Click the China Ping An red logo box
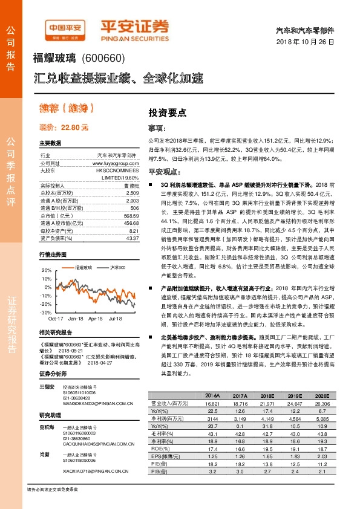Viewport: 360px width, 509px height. [x=68, y=28]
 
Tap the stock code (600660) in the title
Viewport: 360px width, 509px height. [x=103, y=59]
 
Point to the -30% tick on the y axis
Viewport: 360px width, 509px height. [x=45, y=313]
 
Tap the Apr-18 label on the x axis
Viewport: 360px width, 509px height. [x=96, y=318]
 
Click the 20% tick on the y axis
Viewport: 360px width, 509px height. [x=47, y=270]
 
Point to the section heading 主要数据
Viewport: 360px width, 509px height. [x=50, y=143]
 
